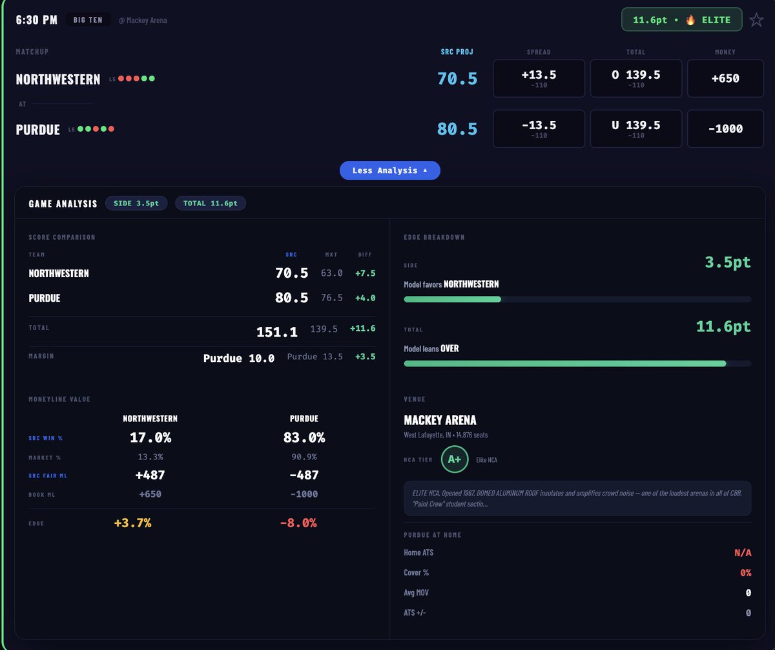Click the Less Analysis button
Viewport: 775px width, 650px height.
click(x=389, y=171)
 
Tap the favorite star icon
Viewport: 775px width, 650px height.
click(x=756, y=20)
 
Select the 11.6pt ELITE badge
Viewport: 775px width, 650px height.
click(x=681, y=19)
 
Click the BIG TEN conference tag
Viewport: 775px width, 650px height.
click(x=88, y=20)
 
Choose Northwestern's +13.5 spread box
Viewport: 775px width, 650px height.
click(x=539, y=78)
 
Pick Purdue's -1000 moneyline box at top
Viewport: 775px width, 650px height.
click(x=725, y=129)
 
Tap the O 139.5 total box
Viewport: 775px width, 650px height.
click(x=635, y=78)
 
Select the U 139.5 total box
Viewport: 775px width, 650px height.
click(x=635, y=129)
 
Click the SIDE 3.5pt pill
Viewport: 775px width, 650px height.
click(x=136, y=203)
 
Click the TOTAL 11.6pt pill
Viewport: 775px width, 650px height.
click(x=211, y=203)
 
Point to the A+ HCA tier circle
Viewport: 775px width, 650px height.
click(x=454, y=459)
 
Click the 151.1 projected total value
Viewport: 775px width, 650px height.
click(x=277, y=331)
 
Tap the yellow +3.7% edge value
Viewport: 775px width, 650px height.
click(x=132, y=523)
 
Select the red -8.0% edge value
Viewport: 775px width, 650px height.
click(x=298, y=523)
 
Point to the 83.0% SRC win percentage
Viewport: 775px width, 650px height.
click(x=304, y=437)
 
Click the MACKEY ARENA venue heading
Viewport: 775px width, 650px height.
click(x=440, y=420)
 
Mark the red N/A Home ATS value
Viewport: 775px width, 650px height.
click(x=743, y=552)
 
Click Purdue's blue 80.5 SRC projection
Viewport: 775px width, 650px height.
click(x=457, y=129)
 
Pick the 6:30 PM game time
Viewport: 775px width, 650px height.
click(x=36, y=20)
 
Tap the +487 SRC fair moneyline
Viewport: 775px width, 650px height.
click(x=150, y=475)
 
